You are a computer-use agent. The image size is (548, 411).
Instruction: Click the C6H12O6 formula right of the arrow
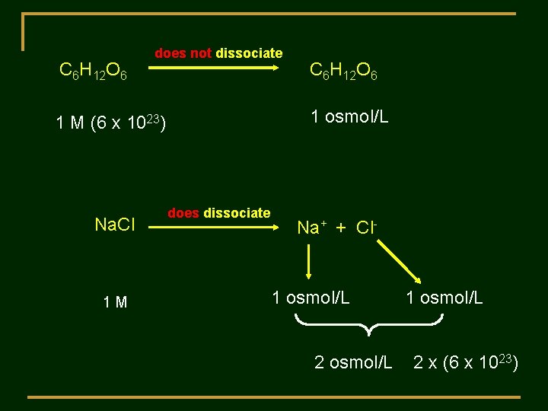[343, 72]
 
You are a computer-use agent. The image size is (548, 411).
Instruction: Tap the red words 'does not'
[183, 53]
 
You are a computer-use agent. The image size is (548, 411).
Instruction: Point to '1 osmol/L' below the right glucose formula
[349, 116]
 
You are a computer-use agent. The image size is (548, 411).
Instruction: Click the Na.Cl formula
[115, 225]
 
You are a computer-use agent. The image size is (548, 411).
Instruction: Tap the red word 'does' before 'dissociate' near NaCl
[183, 213]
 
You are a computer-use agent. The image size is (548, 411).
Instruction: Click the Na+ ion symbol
[312, 227]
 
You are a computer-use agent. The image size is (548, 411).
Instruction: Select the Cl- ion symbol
[368, 227]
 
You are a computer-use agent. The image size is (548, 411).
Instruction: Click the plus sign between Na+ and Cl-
[340, 227]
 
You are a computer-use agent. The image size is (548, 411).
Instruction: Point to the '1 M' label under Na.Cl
[115, 303]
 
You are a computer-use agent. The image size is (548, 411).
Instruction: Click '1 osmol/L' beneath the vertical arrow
[311, 298]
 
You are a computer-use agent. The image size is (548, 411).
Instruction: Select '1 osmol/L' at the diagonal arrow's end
[444, 298]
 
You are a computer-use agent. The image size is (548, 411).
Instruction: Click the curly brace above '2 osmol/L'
[368, 325]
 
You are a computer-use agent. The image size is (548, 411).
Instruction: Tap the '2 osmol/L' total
[353, 362]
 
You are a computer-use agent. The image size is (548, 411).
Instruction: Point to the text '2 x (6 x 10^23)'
[466, 362]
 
